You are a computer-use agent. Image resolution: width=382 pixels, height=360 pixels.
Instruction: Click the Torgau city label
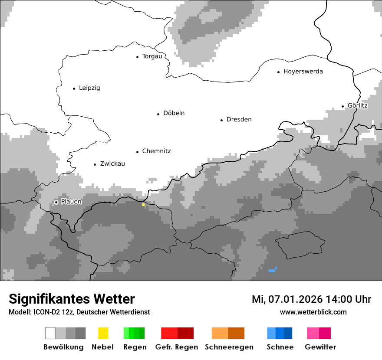152,56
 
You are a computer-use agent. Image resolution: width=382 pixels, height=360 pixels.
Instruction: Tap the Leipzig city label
89,88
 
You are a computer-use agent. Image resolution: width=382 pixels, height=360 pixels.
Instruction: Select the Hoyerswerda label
303,72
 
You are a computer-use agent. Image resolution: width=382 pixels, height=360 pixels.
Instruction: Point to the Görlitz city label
358,105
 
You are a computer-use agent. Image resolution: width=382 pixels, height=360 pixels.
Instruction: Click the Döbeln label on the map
174,113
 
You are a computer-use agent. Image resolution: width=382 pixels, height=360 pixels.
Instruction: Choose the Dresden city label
239,120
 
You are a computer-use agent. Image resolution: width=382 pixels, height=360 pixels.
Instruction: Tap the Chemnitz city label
156,151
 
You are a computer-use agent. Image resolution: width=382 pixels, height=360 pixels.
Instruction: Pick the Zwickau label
112,164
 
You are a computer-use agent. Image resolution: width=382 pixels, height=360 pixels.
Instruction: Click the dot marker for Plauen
56,202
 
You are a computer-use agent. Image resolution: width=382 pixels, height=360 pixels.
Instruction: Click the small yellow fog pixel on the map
143,204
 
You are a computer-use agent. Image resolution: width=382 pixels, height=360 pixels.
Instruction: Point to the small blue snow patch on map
272,270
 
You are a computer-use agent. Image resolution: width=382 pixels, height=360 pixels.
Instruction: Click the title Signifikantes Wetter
72,299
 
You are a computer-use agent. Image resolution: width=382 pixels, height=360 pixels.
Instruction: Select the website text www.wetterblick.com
313,312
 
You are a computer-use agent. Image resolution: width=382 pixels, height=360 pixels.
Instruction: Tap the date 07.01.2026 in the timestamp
295,299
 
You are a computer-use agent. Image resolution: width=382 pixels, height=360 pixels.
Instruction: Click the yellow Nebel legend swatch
103,333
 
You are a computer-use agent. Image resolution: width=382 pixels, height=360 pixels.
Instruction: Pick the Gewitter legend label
320,347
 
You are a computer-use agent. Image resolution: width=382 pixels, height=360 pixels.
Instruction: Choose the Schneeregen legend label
229,347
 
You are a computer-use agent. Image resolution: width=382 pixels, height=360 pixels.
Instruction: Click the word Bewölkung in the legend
63,347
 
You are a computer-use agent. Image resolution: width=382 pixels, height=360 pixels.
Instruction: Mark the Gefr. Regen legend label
177,347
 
